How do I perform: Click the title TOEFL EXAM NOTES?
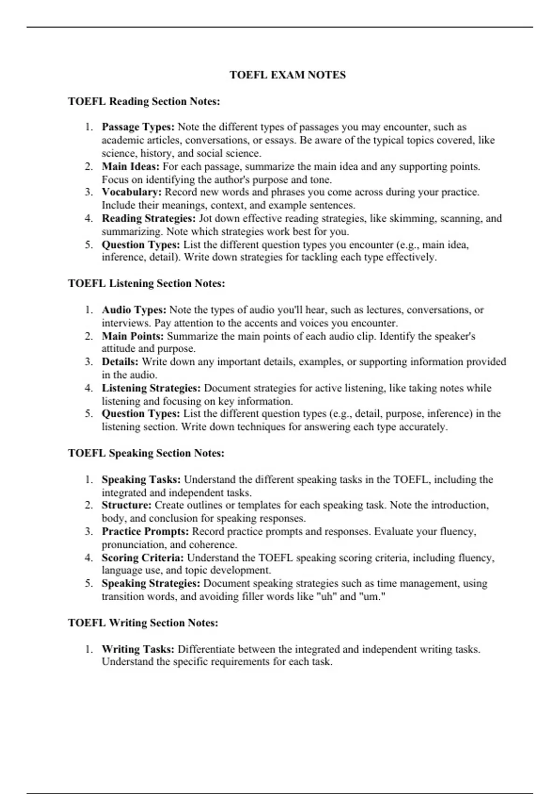287,75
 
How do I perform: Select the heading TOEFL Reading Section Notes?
144,101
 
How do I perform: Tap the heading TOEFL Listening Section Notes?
147,284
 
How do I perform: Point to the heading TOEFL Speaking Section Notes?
146,453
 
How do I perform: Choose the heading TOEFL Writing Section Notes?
143,623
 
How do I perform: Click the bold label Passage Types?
138,127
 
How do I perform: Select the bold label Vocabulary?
132,192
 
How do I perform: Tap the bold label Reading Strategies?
149,218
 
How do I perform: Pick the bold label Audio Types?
134,310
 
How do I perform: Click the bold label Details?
120,362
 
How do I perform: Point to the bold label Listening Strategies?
151,388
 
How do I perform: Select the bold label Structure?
126,505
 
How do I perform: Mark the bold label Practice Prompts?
145,531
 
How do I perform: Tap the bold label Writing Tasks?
138,649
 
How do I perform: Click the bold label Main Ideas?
131,166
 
